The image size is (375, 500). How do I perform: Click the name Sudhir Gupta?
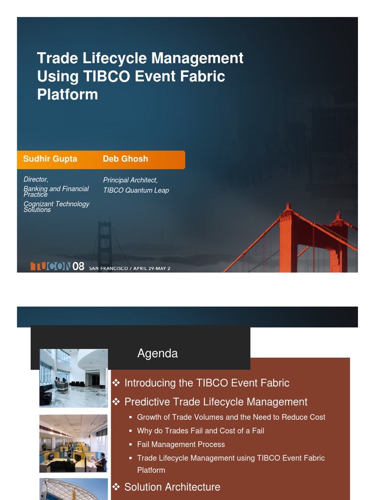click(50, 159)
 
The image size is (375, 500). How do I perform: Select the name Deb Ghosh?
click(125, 159)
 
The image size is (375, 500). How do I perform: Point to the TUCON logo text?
click(50, 267)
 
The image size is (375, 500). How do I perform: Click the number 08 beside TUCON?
click(79, 267)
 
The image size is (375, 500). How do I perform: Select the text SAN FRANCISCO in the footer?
click(108, 268)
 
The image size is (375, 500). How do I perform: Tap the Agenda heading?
click(157, 353)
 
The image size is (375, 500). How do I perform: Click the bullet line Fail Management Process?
click(181, 444)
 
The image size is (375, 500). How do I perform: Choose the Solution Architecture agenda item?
click(172, 487)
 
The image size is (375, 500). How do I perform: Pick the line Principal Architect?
click(130, 180)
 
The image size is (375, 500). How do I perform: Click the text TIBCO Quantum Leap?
click(136, 190)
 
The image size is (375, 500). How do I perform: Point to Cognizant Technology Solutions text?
click(56, 207)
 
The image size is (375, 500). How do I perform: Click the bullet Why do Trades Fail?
click(200, 431)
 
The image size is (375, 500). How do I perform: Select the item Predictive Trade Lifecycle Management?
click(216, 402)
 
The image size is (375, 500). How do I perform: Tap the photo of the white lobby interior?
click(73, 378)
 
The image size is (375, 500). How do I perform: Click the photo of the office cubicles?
click(73, 443)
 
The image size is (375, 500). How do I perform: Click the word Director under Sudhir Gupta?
click(36, 180)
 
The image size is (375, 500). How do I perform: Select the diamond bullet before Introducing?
click(116, 382)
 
